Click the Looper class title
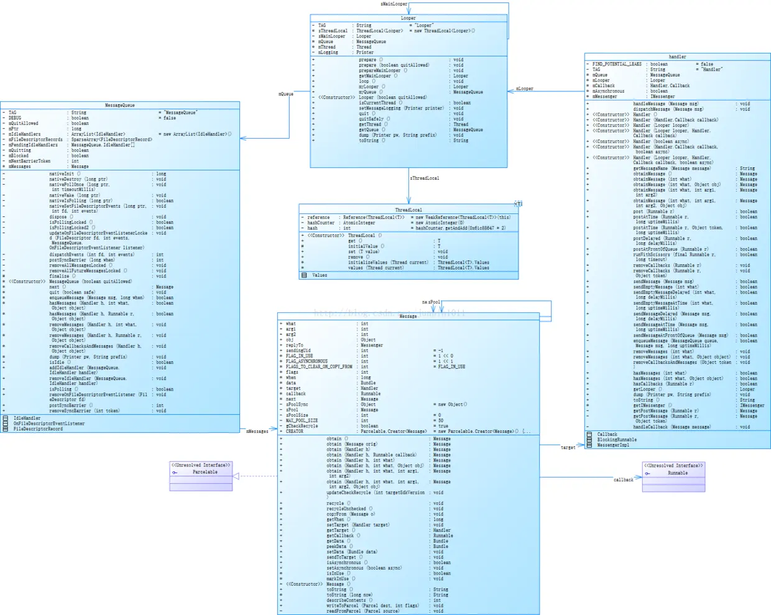click(x=408, y=18)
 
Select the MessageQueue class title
click(x=119, y=105)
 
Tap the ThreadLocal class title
click(x=408, y=210)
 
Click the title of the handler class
click(x=677, y=57)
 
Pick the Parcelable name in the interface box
click(x=205, y=472)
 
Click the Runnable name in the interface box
click(x=677, y=473)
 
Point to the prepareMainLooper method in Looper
click(x=379, y=70)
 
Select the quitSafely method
click(x=371, y=119)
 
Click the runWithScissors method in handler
click(x=652, y=254)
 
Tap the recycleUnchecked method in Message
click(x=346, y=509)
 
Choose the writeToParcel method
click(x=347, y=606)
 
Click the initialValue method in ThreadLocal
click(x=362, y=246)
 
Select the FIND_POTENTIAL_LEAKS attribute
click(x=617, y=64)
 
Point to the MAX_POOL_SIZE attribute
click(x=302, y=420)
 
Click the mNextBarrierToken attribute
click(x=29, y=161)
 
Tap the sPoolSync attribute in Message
click(x=297, y=404)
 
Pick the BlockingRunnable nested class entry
click(x=617, y=440)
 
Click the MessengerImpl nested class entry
click(x=613, y=445)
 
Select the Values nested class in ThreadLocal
click(x=320, y=275)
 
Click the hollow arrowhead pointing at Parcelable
click(x=236, y=476)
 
